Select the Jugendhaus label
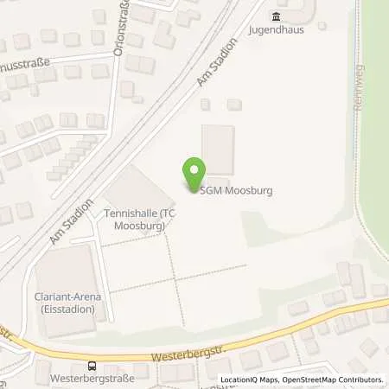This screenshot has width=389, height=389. click(276, 29)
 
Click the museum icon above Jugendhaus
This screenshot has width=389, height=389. click(276, 16)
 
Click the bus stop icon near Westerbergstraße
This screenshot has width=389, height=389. click(92, 366)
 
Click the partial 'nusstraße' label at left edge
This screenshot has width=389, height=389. click(26, 63)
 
